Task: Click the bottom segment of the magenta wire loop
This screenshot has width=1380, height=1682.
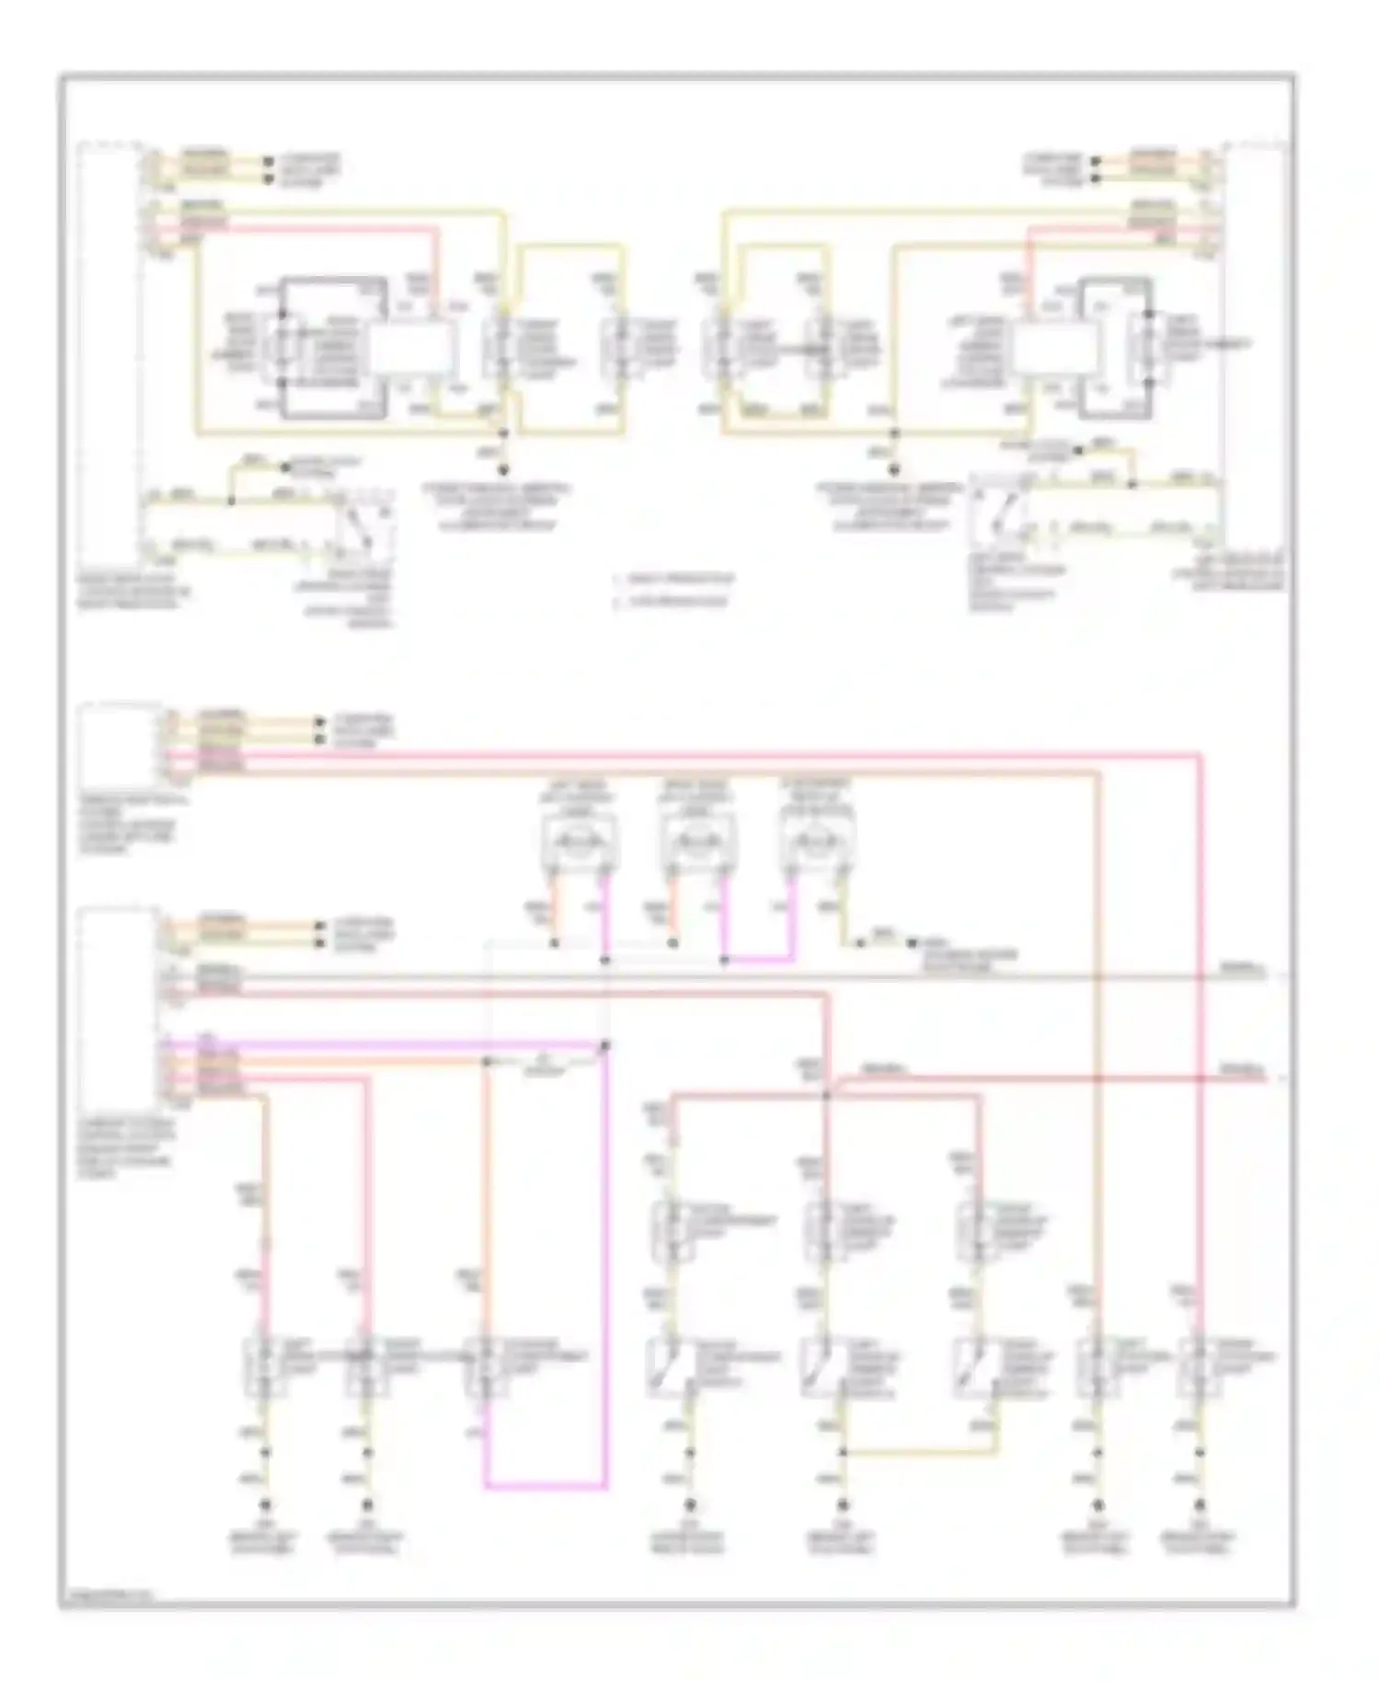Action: coord(545,1485)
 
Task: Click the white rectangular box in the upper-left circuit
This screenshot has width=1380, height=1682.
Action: coord(411,351)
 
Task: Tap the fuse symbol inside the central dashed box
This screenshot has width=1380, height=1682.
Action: coord(546,1063)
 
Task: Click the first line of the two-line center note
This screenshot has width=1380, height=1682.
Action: coord(676,580)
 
